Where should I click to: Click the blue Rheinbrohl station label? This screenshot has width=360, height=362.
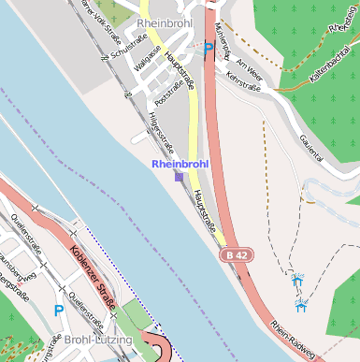point(180,164)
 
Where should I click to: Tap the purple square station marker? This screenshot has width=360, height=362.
point(180,176)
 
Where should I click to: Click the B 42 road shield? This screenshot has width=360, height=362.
point(237,254)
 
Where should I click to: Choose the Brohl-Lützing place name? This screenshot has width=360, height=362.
point(98,339)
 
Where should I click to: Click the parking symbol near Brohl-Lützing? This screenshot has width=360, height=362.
point(59,310)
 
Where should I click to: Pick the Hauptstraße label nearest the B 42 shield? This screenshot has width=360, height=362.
point(205,211)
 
